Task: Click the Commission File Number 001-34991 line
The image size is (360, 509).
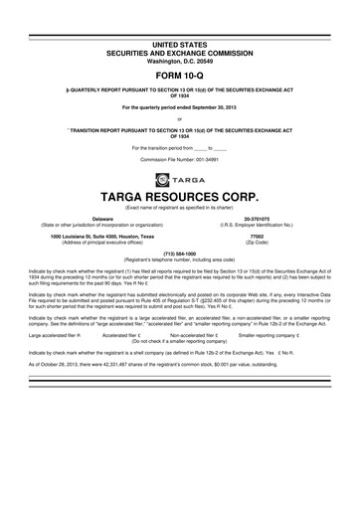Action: tap(180, 159)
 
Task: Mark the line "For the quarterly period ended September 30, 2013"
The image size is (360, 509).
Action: tap(180, 106)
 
